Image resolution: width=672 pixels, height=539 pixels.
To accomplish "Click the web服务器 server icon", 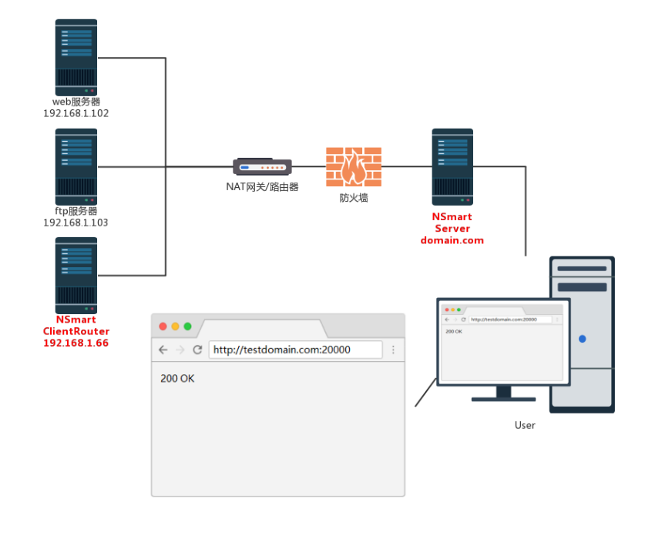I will [76, 57].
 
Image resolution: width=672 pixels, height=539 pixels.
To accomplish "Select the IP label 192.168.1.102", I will [76, 113].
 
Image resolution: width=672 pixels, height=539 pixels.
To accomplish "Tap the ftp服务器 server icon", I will [76, 166].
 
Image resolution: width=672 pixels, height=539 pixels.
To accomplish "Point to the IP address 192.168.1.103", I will [76, 223].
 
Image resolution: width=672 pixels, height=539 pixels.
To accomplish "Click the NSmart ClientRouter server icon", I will [76, 275].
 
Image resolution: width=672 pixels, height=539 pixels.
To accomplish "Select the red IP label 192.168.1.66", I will [76, 343].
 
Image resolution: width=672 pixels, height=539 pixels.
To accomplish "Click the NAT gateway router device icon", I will [262, 166].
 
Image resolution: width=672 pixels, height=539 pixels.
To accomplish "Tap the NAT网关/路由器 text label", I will [262, 186].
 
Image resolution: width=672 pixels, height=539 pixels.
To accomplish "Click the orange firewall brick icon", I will [354, 166].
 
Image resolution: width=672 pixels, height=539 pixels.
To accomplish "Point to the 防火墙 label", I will [354, 198].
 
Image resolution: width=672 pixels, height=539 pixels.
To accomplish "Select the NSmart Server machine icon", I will [452, 166].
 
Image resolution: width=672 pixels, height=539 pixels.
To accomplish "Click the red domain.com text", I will [452, 240].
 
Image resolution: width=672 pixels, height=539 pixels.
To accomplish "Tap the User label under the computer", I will [525, 425].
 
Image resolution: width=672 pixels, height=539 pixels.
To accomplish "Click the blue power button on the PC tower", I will [582, 339].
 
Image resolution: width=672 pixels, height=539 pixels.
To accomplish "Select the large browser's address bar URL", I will [282, 350].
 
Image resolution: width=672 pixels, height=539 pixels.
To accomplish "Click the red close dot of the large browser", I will [163, 326].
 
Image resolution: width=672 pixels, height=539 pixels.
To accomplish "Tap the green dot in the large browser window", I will [187, 326].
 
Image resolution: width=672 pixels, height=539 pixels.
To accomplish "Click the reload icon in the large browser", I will [197, 350].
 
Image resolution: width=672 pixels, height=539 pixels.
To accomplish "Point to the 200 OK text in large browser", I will [177, 378].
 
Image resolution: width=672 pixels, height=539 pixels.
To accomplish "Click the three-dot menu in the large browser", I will [393, 350].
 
